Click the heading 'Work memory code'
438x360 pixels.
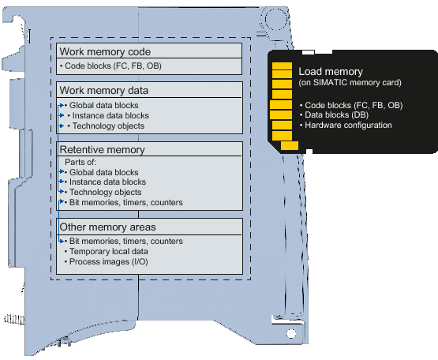[x=105, y=51]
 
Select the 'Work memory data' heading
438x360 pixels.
[x=103, y=90]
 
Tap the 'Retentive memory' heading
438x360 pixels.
[x=103, y=149]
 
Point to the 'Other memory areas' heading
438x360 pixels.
[x=107, y=227]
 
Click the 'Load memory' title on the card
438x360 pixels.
[x=331, y=72]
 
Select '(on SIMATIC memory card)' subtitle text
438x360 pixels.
[x=350, y=82]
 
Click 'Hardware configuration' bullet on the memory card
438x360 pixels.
[x=348, y=125]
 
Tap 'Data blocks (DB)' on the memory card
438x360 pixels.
[x=337, y=115]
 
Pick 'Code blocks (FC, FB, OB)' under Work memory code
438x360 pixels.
[x=113, y=66]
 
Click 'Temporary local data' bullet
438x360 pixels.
[x=109, y=251]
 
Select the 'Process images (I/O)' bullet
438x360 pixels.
[x=109, y=261]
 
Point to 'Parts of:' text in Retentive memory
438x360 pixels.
[x=80, y=162]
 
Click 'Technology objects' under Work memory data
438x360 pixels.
[x=108, y=126]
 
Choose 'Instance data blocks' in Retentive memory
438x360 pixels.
[x=107, y=182]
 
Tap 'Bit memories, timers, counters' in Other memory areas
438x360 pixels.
[x=126, y=241]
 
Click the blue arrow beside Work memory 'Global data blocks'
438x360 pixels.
[x=62, y=105]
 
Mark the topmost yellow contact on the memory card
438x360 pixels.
[x=282, y=66]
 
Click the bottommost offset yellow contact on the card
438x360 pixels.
[x=290, y=146]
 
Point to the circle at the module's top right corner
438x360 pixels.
[x=276, y=19]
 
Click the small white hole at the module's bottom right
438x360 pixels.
[x=291, y=334]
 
